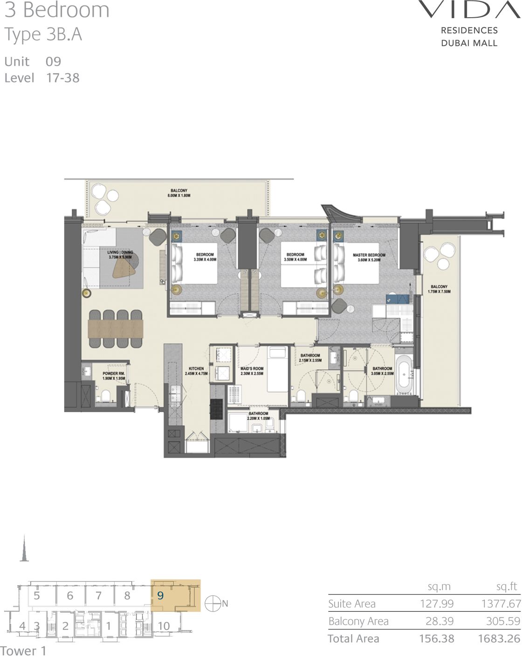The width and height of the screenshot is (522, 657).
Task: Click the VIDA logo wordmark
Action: (469, 10)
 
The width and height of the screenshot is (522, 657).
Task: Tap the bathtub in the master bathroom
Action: (404, 374)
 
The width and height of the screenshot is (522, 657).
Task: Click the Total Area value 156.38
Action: (436, 639)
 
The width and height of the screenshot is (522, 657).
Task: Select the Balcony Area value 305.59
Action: (502, 621)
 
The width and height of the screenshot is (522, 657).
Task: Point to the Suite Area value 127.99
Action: (436, 604)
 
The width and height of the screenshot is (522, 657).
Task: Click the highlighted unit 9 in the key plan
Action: (161, 595)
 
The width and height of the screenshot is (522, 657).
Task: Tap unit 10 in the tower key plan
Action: (164, 626)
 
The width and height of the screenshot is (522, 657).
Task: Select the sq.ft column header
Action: (507, 587)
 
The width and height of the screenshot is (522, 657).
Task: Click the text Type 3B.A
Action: (43, 35)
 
